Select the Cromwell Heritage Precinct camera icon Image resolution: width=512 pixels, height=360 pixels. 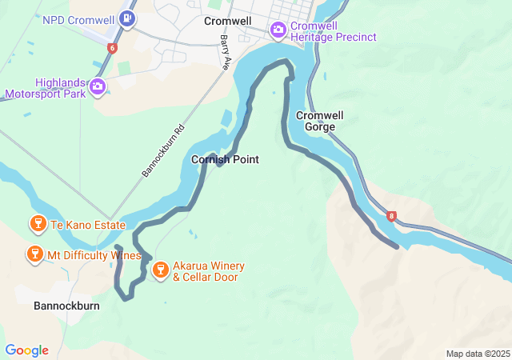(x=278, y=30)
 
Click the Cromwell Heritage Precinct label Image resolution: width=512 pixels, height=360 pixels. (x=322, y=30)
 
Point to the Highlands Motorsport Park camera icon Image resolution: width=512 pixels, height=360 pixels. (x=97, y=86)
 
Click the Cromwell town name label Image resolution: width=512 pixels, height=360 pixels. (x=227, y=21)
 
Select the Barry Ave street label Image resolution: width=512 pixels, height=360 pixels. (x=226, y=53)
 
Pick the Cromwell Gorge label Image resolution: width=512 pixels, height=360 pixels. (x=319, y=121)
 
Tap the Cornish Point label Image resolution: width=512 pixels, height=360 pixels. (x=225, y=160)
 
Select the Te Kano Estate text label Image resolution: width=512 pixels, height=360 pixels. (x=87, y=225)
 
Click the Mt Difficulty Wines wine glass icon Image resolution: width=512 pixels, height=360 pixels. (x=34, y=255)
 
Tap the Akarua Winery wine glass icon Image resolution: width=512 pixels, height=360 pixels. (x=160, y=270)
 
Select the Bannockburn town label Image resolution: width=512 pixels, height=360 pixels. (x=67, y=306)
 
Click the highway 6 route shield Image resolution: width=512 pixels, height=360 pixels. (x=111, y=49)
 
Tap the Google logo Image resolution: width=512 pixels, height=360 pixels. (x=26, y=350)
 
